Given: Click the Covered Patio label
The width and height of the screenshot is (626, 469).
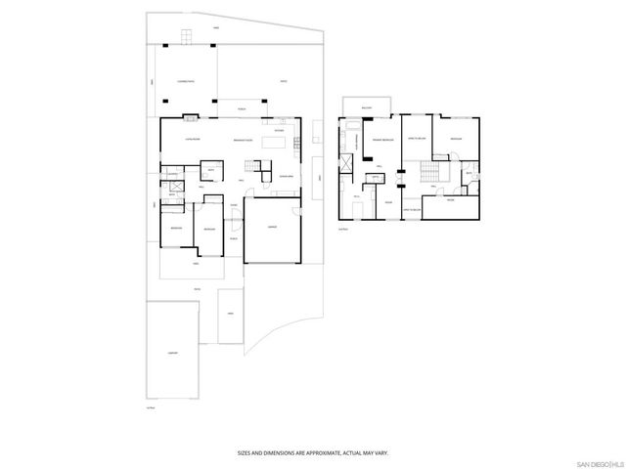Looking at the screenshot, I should tap(182, 82).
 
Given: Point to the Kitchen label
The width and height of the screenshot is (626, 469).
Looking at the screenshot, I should tap(280, 130).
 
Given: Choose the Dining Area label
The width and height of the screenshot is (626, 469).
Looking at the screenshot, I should tap(287, 175).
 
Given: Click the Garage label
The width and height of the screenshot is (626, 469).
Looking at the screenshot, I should tap(272, 228).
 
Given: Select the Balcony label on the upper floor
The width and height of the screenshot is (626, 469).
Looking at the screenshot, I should tap(366, 107).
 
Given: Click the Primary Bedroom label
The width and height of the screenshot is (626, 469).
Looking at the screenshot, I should tap(382, 141).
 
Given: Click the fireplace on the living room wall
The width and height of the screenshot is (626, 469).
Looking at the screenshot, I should tap(191, 119).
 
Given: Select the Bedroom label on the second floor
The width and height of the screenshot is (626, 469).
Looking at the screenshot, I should tap(455, 140).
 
